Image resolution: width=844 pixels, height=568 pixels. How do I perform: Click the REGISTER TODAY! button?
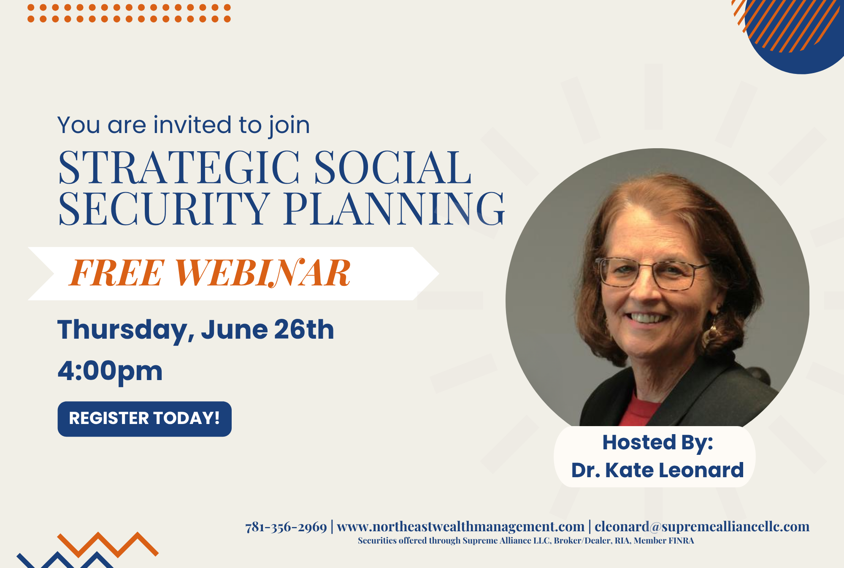click(x=144, y=419)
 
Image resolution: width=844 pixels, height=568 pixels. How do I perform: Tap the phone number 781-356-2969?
click(x=286, y=527)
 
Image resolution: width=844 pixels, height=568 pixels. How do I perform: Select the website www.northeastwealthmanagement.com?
click(x=460, y=527)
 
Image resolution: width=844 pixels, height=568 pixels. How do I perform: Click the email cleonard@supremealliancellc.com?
click(x=702, y=527)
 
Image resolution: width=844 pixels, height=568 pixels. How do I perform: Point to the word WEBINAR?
click(x=262, y=273)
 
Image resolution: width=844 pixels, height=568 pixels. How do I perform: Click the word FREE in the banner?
click(x=116, y=273)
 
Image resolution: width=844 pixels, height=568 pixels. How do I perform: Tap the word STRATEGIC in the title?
click(x=179, y=168)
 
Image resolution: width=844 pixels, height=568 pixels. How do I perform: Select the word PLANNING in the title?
click(x=395, y=208)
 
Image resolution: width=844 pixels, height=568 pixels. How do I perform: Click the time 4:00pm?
click(x=110, y=371)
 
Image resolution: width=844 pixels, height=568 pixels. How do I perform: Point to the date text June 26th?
click(x=268, y=329)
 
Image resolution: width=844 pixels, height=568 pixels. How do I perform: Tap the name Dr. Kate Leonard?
click(x=657, y=470)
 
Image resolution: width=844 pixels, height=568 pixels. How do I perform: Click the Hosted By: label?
click(x=657, y=443)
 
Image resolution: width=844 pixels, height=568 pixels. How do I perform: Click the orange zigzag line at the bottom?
click(x=108, y=544)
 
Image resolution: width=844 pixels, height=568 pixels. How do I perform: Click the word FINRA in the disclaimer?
click(x=681, y=541)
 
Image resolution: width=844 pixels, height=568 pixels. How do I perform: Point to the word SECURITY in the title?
click(x=164, y=208)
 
